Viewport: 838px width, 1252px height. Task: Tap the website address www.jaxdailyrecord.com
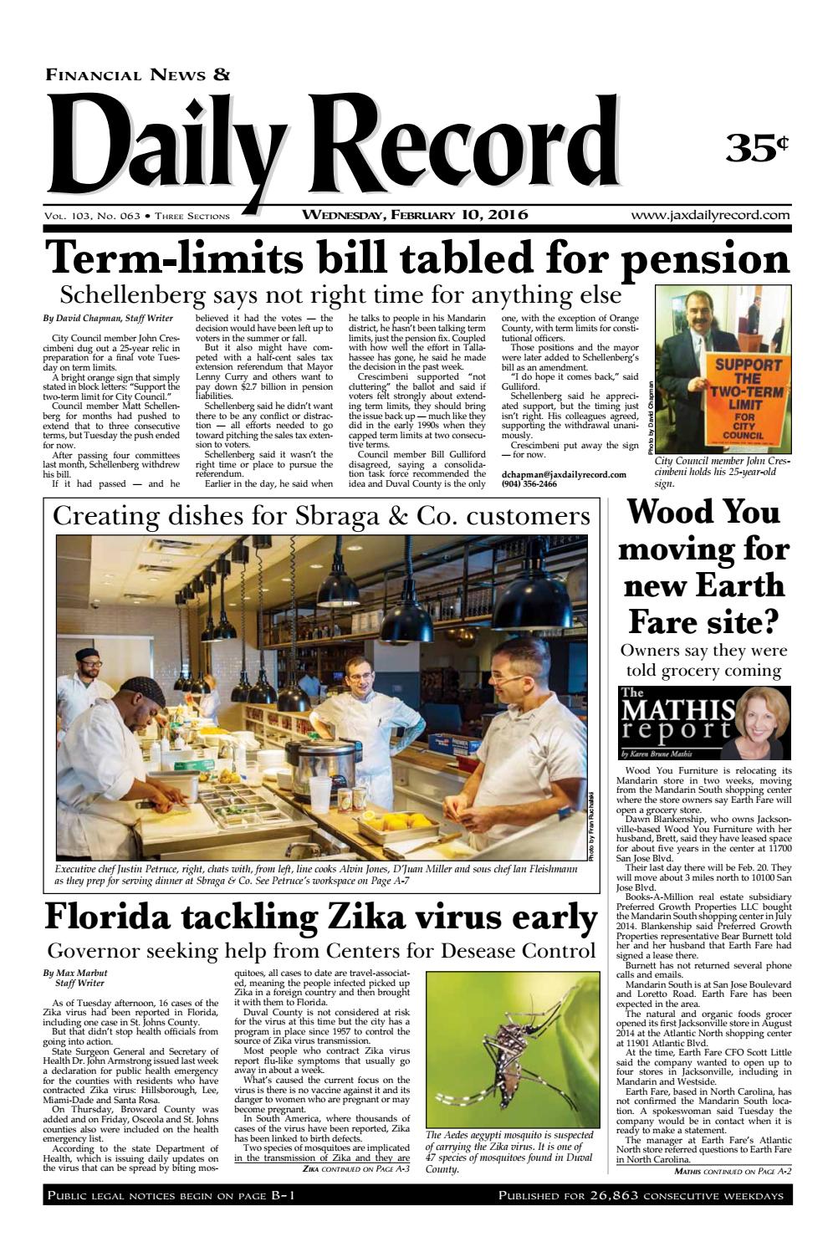click(710, 215)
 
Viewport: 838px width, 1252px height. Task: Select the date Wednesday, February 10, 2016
click(415, 215)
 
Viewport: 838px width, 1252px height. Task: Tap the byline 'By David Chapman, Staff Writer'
click(108, 319)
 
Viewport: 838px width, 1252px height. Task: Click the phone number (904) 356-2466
click(529, 483)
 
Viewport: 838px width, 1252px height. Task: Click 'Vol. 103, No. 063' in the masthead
click(92, 216)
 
